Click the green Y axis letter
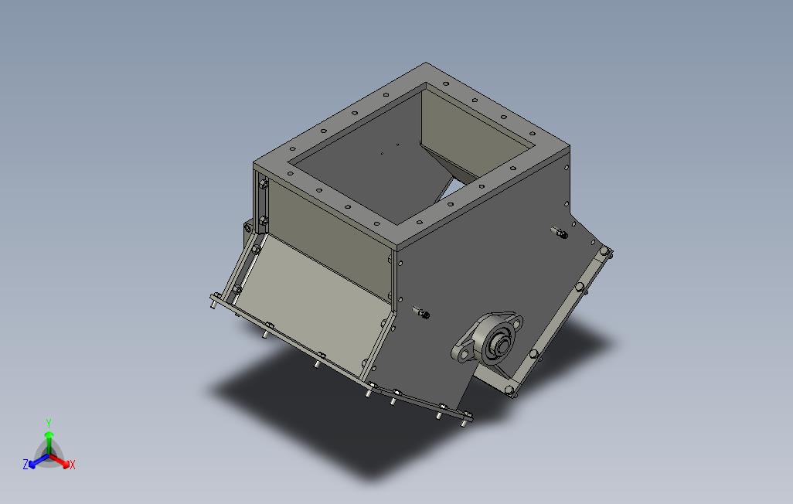click(x=49, y=423)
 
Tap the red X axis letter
click(x=73, y=465)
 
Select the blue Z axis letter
click(x=26, y=464)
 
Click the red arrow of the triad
click(x=60, y=461)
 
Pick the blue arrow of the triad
click(x=39, y=461)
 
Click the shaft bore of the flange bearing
click(x=501, y=346)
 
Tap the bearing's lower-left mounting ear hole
click(x=463, y=356)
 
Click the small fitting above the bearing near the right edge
click(x=560, y=233)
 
